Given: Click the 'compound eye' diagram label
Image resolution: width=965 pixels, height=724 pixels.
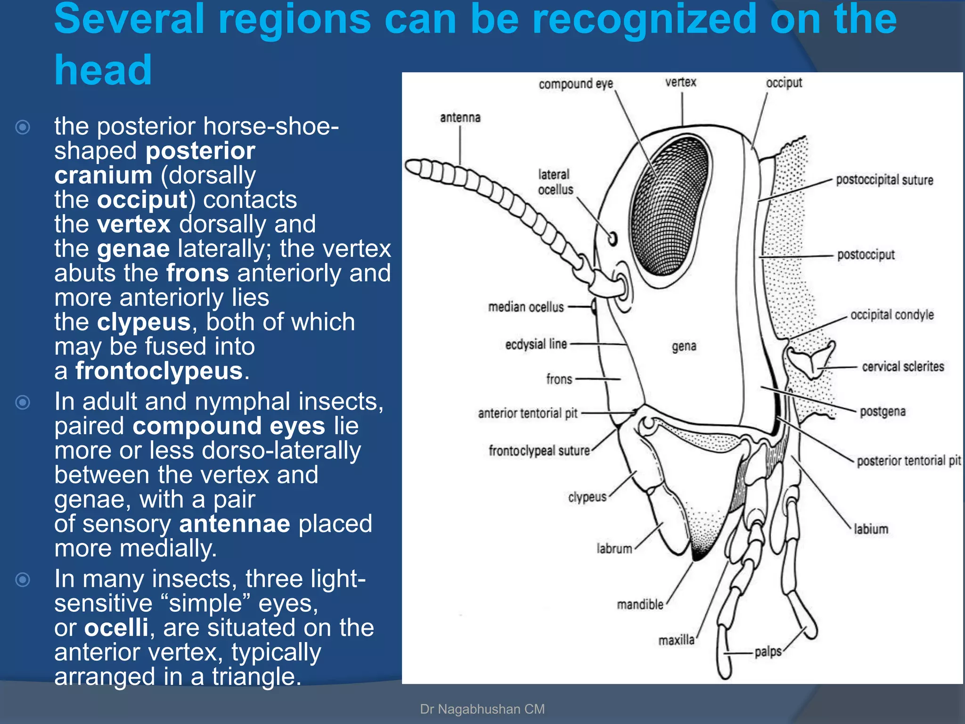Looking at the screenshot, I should pos(576,84).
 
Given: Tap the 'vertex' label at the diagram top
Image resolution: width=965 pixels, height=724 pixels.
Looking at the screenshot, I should pos(680,82).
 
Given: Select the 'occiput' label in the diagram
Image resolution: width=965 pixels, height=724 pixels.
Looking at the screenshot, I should pos(784,83).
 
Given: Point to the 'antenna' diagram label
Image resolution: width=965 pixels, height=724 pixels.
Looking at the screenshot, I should pos(460,117).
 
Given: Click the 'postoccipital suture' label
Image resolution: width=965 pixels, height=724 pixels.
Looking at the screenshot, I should pos(884,180).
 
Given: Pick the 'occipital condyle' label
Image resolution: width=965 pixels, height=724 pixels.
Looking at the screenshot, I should pos(891,315).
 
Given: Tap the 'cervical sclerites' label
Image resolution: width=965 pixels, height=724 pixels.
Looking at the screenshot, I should pos(902,367).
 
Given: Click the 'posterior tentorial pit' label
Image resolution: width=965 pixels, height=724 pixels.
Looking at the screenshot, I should pos(908,461).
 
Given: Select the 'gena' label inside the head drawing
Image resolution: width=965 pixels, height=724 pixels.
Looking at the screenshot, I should pos(684,346).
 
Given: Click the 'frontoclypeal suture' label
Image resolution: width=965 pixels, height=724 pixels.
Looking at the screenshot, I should pos(539,451).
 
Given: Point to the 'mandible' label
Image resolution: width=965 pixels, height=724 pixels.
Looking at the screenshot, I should pos(640,604).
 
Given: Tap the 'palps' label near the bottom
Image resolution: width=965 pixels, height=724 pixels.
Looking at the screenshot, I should pos(768,652).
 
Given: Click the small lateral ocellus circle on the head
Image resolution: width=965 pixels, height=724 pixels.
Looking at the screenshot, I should pos(613,239).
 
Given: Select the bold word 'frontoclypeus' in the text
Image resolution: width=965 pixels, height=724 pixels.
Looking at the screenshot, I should pos(159,371).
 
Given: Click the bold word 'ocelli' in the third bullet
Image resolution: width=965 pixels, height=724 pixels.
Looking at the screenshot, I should pos(116,628).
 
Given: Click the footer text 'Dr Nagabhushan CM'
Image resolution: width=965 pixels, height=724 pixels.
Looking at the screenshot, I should pos(482,709).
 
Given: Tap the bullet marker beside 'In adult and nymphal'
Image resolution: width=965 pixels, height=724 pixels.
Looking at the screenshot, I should pos(23,402).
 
